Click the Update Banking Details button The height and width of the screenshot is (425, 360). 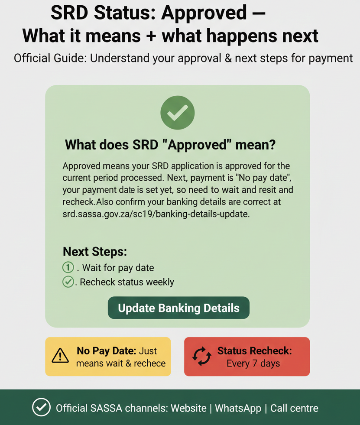pyautogui.click(x=178, y=308)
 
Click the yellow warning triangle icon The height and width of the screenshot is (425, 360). pyautogui.click(x=60, y=356)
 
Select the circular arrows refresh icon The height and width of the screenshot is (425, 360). pyautogui.click(x=202, y=356)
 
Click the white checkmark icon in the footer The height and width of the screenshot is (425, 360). pyautogui.click(x=41, y=408)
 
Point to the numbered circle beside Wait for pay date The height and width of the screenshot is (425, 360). pyautogui.click(x=68, y=267)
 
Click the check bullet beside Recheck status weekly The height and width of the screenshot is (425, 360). pyautogui.click(x=68, y=282)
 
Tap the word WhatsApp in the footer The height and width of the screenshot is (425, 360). pyautogui.click(x=238, y=408)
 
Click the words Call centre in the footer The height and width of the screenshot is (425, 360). pyautogui.click(x=294, y=408)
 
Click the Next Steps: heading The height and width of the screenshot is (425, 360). pyautogui.click(x=94, y=252)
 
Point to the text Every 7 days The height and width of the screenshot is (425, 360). pyautogui.click(x=253, y=363)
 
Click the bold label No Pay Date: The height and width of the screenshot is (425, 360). pyautogui.click(x=107, y=350)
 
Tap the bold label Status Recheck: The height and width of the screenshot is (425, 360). pyautogui.click(x=254, y=350)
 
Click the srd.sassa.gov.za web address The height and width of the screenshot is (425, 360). pyautogui.click(x=156, y=214)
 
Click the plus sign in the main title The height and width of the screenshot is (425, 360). pyautogui.click(x=151, y=36)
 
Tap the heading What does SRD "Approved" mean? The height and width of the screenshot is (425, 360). pyautogui.click(x=170, y=145)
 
